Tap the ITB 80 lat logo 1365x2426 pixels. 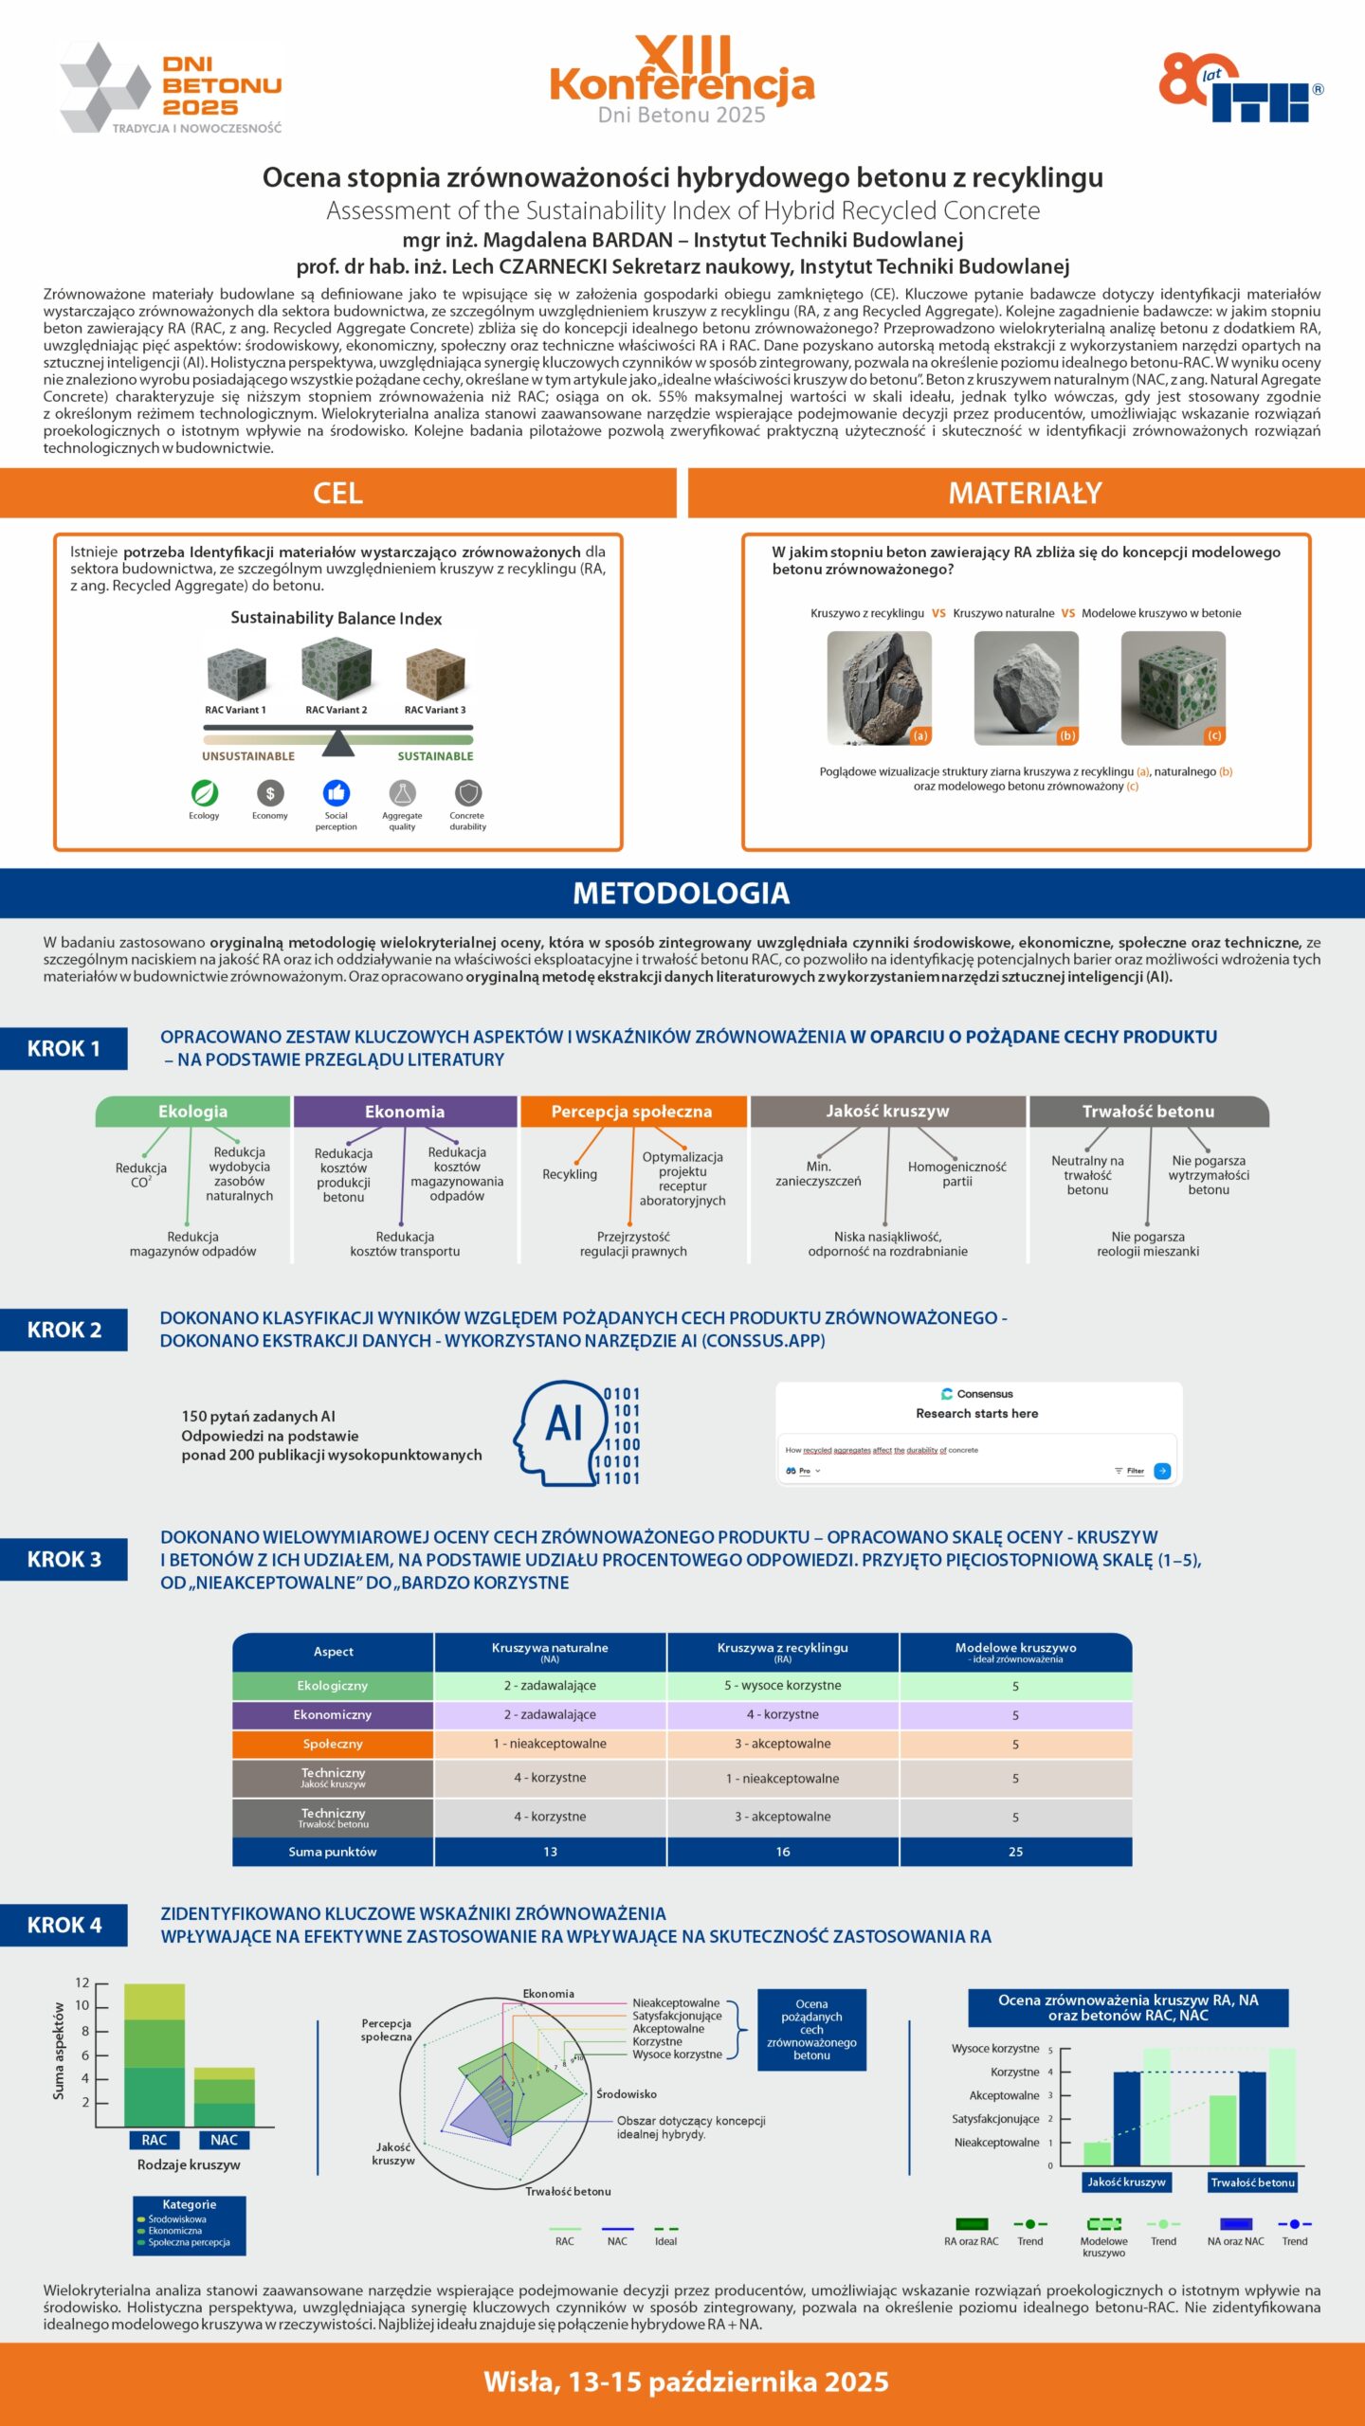click(1240, 88)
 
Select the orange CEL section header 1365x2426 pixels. click(338, 493)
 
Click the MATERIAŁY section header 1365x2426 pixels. click(1026, 493)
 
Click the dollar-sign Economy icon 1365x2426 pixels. click(270, 793)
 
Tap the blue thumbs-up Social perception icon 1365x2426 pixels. click(337, 793)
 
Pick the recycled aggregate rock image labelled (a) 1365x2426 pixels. click(879, 688)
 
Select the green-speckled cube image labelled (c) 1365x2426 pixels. click(1173, 688)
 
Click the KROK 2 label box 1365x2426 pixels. click(64, 1330)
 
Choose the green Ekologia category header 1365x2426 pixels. click(192, 1112)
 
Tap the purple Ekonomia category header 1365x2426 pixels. click(405, 1112)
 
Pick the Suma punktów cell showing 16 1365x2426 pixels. click(783, 1852)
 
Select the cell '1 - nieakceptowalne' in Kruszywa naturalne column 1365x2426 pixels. click(550, 1744)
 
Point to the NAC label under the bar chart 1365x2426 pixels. click(224, 2140)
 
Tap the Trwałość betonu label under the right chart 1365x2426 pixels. click(1252, 2182)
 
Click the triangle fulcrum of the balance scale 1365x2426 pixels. click(337, 744)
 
